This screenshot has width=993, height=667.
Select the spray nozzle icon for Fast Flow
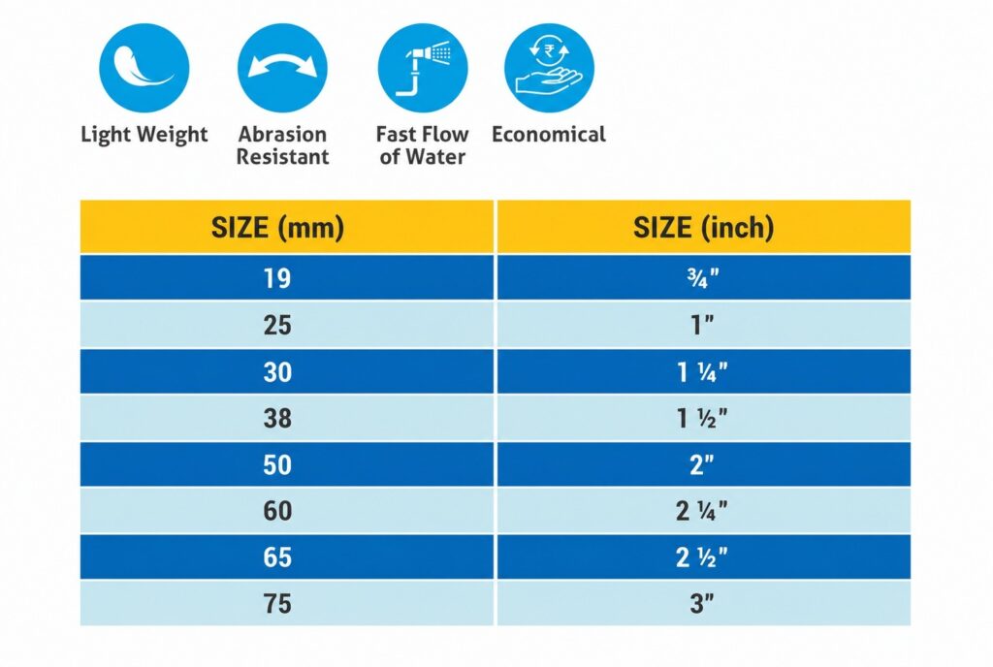click(x=423, y=68)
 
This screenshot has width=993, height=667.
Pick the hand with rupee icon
click(x=549, y=68)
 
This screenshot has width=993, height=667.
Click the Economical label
click(x=549, y=134)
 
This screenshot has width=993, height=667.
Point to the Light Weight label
click(x=144, y=135)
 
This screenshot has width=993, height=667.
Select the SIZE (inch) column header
click(x=704, y=227)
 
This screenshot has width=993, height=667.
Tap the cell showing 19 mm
click(x=287, y=277)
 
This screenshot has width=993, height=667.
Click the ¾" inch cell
click(x=704, y=277)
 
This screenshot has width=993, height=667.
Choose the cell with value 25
click(x=287, y=325)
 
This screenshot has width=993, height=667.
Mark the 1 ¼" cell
click(x=704, y=371)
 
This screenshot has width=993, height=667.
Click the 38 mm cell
click(x=287, y=418)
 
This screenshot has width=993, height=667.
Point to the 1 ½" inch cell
click(x=704, y=418)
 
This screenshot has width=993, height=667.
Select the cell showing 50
click(x=287, y=464)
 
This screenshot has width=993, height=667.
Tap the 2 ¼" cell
click(x=704, y=511)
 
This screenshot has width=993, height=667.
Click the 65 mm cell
click(x=287, y=556)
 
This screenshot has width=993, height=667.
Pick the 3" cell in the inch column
click(x=704, y=603)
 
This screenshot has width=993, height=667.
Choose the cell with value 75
click(x=287, y=603)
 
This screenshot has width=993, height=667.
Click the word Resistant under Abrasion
click(x=282, y=156)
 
